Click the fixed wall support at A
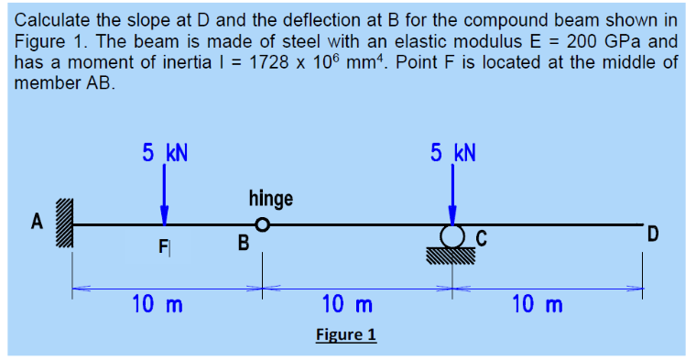64,224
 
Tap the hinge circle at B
263,224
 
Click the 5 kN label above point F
165,152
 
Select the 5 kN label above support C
452,152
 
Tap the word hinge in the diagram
271,198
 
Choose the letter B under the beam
243,245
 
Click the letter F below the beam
163,246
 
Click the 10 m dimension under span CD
538,303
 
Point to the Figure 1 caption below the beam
346,334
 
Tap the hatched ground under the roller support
451,256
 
